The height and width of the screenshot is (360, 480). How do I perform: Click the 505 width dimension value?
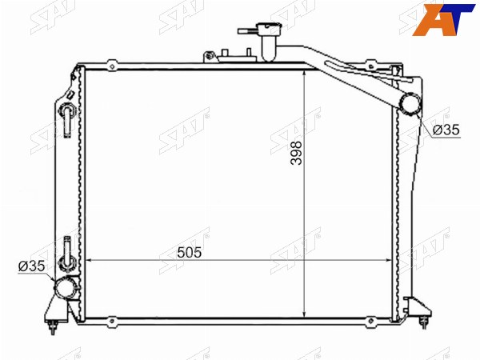click(189, 253)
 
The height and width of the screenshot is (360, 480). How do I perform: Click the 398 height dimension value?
click(296, 153)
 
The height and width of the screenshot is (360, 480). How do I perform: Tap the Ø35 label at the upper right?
click(446, 130)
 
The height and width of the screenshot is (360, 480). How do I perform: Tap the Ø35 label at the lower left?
click(31, 266)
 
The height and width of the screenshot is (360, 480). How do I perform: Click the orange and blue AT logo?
click(443, 20)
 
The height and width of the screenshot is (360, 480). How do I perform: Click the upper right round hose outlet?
click(410, 104)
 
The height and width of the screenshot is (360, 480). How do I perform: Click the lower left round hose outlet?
click(65, 287)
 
